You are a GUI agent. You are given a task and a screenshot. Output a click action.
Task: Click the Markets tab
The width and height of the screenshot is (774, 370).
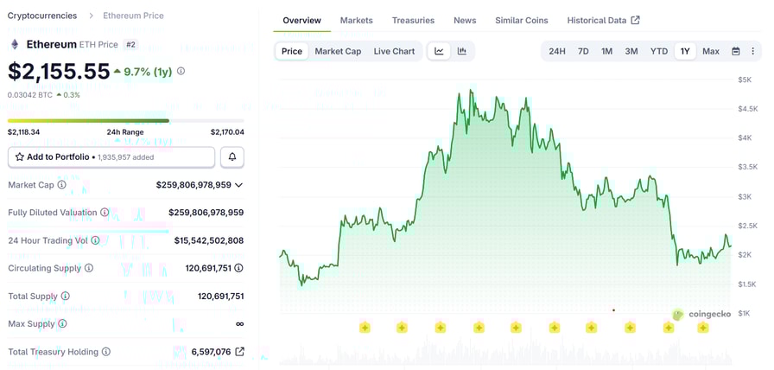pyautogui.click(x=356, y=20)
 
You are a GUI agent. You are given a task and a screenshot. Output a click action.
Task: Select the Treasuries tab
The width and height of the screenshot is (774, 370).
pyautogui.click(x=413, y=20)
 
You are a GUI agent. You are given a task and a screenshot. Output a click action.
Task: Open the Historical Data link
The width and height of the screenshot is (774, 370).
pyautogui.click(x=603, y=20)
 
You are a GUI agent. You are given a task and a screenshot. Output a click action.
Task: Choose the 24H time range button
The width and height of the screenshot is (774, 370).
pyautogui.click(x=557, y=51)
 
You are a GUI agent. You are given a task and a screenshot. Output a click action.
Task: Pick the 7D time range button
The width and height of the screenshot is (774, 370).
pyautogui.click(x=583, y=51)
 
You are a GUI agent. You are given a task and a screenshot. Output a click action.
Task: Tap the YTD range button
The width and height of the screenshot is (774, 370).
pyautogui.click(x=659, y=51)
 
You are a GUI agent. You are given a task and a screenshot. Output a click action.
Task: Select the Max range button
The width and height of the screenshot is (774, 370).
pyautogui.click(x=711, y=51)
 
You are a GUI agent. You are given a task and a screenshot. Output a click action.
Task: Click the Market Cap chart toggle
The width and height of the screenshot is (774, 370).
pyautogui.click(x=338, y=51)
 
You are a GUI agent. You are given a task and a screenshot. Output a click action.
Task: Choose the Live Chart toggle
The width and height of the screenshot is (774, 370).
pyautogui.click(x=394, y=51)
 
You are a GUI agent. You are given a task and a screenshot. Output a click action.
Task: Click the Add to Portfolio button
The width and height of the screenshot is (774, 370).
pyautogui.click(x=111, y=157)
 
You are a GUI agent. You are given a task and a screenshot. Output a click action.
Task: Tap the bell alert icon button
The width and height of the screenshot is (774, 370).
pyautogui.click(x=232, y=157)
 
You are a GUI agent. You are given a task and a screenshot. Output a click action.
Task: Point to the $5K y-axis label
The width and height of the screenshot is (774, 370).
pyautogui.click(x=744, y=80)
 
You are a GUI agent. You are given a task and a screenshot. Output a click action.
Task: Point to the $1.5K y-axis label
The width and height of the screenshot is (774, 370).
pyautogui.click(x=746, y=284)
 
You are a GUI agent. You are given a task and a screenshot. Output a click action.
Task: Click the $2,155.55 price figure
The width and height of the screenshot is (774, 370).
pyautogui.click(x=59, y=71)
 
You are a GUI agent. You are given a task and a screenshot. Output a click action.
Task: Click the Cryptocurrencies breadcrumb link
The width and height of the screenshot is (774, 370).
pyautogui.click(x=42, y=16)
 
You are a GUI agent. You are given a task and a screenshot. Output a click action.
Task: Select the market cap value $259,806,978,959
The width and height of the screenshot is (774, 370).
pyautogui.click(x=193, y=185)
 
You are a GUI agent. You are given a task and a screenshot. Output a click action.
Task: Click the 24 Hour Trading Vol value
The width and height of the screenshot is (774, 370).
pyautogui.click(x=209, y=240)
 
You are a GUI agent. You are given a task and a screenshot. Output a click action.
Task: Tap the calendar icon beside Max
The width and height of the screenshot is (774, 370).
pyautogui.click(x=736, y=51)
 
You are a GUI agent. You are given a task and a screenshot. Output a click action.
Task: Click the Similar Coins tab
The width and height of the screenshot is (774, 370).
pyautogui.click(x=522, y=20)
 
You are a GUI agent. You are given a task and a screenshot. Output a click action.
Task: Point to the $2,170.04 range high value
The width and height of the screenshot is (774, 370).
pyautogui.click(x=227, y=132)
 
